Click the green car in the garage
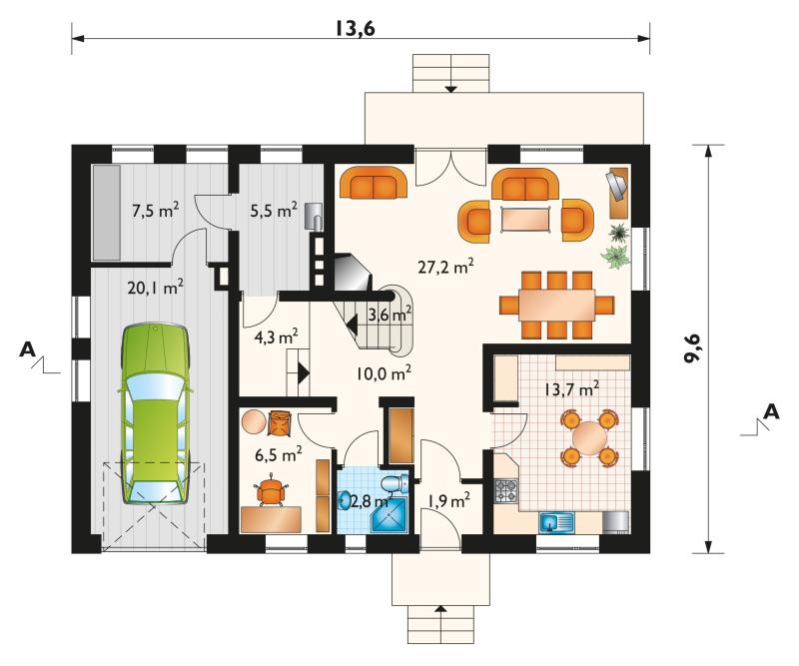[x=156, y=413]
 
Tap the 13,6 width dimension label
[x=356, y=29]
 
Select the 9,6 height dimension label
[x=693, y=349]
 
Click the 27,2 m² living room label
[x=446, y=266]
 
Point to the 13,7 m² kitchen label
[x=569, y=389]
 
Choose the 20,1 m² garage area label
[x=156, y=288]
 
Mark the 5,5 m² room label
[x=274, y=210]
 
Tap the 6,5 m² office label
[x=279, y=453]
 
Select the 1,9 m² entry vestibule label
[x=448, y=501]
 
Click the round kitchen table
[x=589, y=438]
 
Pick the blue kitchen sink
[x=556, y=522]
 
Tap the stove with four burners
[x=506, y=490]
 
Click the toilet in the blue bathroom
[x=396, y=483]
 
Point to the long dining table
[x=557, y=305]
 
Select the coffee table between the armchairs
[x=526, y=219]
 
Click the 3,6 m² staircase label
[x=391, y=315]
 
